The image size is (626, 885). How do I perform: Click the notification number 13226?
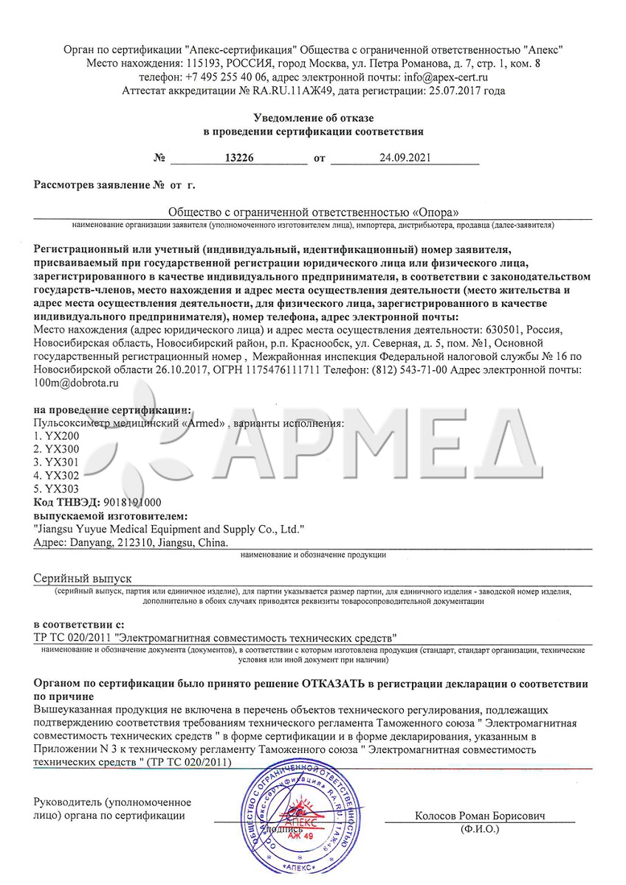238,158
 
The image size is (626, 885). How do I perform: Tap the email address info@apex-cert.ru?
445,77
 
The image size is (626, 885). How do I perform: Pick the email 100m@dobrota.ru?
77,383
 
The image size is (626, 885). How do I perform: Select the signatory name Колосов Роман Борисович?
479,816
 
